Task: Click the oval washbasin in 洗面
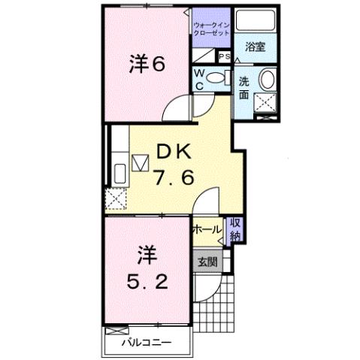tap(266, 80)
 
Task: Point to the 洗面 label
tap(246, 88)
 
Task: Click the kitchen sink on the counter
tap(119, 174)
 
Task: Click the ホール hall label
tap(207, 228)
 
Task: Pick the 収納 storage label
tap(235, 228)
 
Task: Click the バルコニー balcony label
tap(147, 343)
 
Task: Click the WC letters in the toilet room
tap(199, 78)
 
